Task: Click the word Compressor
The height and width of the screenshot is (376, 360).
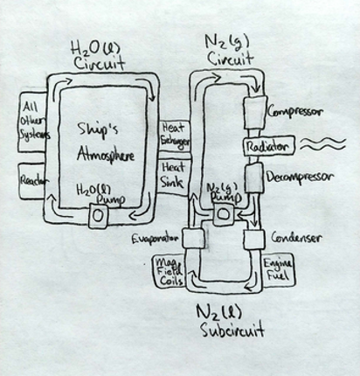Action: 296,113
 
